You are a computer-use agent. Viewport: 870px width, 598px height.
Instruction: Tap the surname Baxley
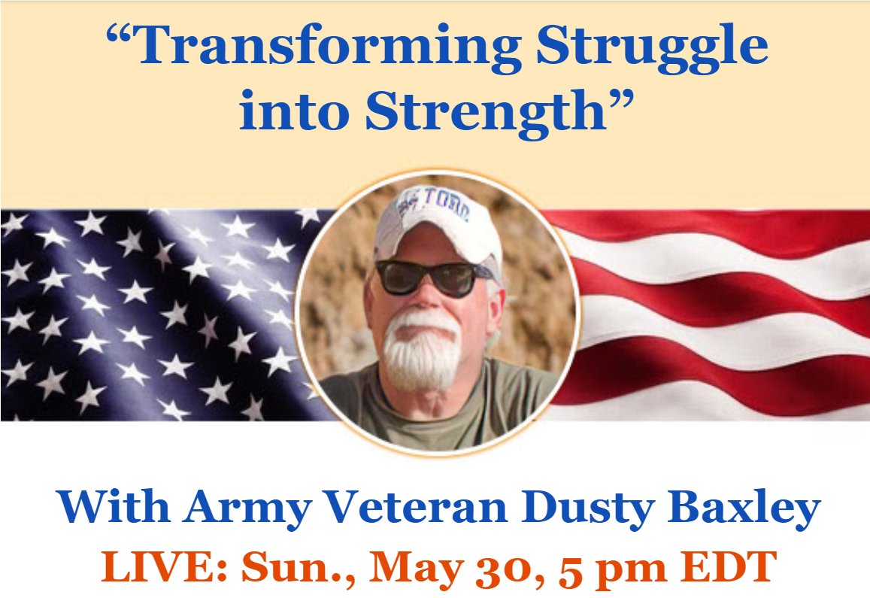click(x=744, y=511)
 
